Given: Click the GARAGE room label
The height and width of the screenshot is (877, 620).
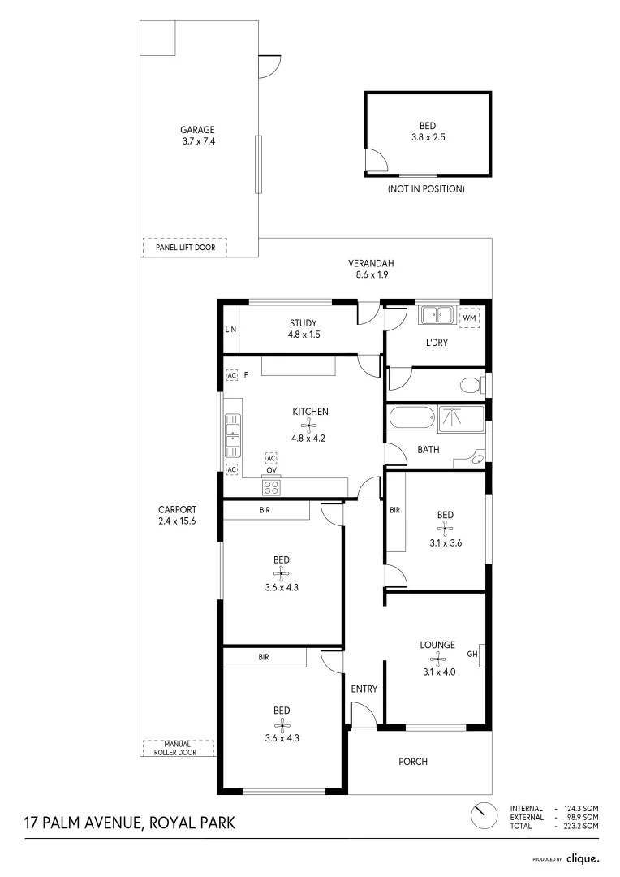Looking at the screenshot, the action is pyautogui.click(x=197, y=130).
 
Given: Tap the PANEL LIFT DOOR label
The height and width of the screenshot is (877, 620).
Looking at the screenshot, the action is pyautogui.click(x=185, y=247).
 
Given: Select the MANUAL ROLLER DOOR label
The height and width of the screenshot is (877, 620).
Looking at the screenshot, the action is pyautogui.click(x=177, y=749).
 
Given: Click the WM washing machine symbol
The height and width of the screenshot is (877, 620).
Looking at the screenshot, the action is pyautogui.click(x=469, y=318).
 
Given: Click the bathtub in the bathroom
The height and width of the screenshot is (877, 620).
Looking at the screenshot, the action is pyautogui.click(x=411, y=418).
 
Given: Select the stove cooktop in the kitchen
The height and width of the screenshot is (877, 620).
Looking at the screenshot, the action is pyautogui.click(x=272, y=486).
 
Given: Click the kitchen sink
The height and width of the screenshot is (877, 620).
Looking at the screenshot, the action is pyautogui.click(x=233, y=436).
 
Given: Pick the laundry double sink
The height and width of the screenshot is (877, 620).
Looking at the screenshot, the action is pyautogui.click(x=437, y=315).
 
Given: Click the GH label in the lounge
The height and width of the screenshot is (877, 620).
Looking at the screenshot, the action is pyautogui.click(x=472, y=653).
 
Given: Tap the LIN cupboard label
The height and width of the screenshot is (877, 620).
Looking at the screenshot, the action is pyautogui.click(x=230, y=330).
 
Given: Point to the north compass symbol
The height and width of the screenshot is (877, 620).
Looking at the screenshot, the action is pyautogui.click(x=484, y=816).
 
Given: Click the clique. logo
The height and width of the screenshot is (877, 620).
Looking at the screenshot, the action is pyautogui.click(x=583, y=858).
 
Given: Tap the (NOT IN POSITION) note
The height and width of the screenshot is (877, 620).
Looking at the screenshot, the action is pyautogui.click(x=426, y=189).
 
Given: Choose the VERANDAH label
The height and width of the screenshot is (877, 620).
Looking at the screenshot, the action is pyautogui.click(x=371, y=263).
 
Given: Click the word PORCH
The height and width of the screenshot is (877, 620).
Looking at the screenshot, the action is pyautogui.click(x=413, y=761).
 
